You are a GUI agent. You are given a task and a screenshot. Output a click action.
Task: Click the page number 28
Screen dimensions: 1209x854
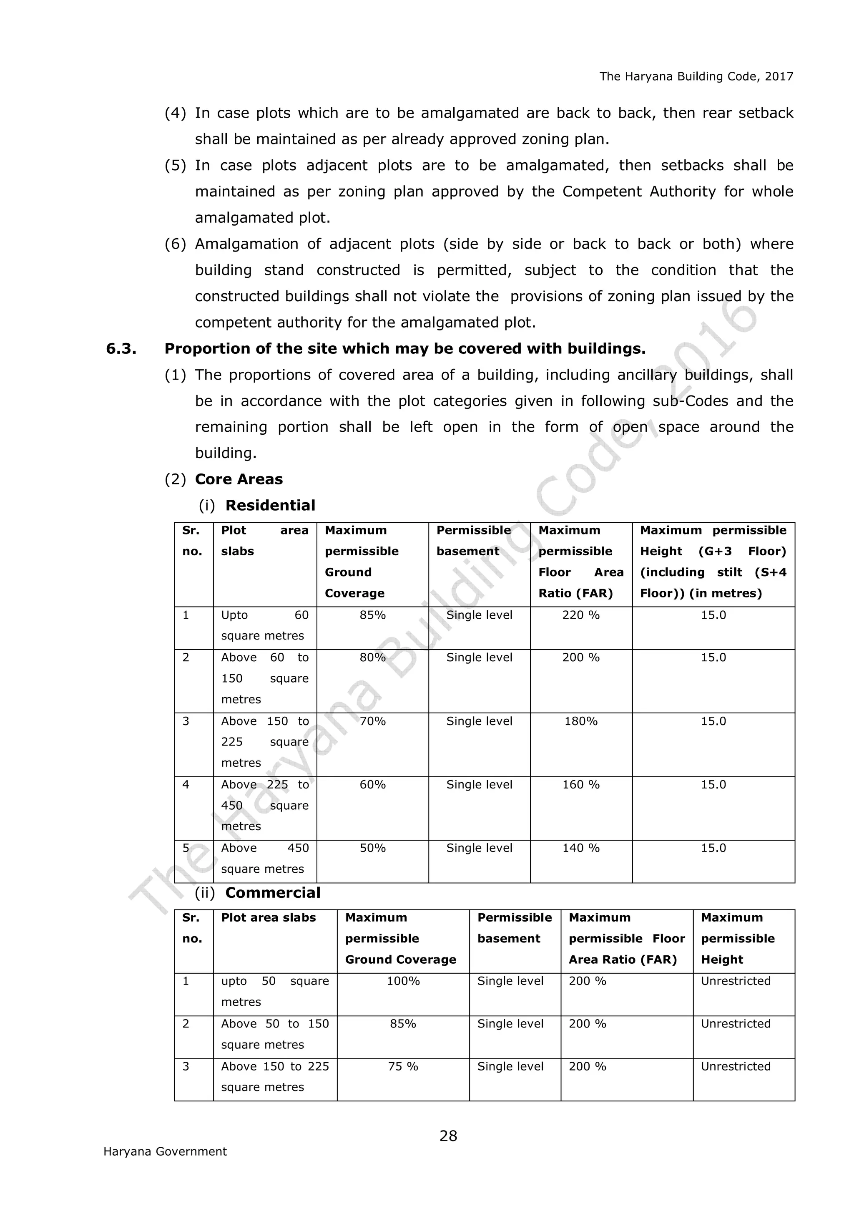click(x=448, y=1136)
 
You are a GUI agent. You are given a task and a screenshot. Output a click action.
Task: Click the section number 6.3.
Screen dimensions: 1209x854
click(x=121, y=349)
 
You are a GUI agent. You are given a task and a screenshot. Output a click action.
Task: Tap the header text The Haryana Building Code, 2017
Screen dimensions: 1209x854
click(x=696, y=76)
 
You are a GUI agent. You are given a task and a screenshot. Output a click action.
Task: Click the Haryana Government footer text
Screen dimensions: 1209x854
click(x=165, y=1151)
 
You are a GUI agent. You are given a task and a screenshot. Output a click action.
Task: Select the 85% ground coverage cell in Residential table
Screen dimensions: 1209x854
click(x=372, y=615)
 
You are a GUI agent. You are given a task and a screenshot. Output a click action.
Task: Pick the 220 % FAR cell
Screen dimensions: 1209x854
click(x=580, y=615)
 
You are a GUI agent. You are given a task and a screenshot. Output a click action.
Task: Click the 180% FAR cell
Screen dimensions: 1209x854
click(x=580, y=721)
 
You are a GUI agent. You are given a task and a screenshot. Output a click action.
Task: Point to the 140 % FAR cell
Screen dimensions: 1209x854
click(x=580, y=848)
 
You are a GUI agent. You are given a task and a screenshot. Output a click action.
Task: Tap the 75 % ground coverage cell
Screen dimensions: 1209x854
click(x=403, y=1066)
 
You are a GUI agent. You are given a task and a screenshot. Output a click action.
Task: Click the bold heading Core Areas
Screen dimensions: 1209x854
click(x=239, y=479)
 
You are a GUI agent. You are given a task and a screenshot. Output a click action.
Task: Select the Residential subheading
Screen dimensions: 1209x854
click(x=270, y=506)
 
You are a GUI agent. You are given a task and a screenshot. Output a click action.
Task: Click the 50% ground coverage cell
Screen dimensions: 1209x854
click(x=372, y=848)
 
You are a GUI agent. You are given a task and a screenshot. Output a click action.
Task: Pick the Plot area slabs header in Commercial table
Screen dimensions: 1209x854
click(x=269, y=917)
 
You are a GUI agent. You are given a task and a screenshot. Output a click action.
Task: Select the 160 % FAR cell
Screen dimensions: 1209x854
click(x=580, y=785)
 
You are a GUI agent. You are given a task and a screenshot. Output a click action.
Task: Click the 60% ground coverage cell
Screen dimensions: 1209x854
click(x=372, y=785)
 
